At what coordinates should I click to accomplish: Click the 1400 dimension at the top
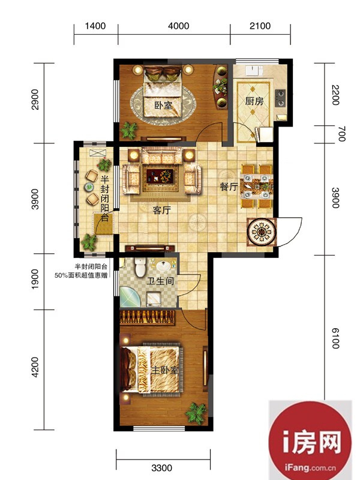click(95, 26)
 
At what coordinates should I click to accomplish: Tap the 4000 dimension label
click(178, 26)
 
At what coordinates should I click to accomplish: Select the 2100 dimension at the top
click(260, 26)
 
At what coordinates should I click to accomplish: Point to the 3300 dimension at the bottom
click(161, 468)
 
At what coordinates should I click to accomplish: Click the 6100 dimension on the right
click(335, 338)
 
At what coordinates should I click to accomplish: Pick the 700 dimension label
click(341, 134)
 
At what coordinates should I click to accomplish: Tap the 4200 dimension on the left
click(35, 367)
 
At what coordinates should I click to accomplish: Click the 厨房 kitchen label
click(254, 101)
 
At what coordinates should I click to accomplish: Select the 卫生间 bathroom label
click(160, 281)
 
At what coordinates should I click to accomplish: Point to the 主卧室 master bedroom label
click(165, 370)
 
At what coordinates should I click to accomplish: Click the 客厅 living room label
click(161, 211)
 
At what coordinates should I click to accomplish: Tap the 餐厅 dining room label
click(229, 187)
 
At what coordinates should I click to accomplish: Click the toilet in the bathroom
click(140, 267)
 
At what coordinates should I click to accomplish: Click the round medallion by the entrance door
click(262, 232)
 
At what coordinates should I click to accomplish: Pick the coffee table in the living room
click(160, 176)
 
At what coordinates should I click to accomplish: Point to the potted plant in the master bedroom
click(196, 413)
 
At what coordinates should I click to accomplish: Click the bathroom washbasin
click(166, 266)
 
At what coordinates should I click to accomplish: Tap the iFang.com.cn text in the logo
click(310, 467)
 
